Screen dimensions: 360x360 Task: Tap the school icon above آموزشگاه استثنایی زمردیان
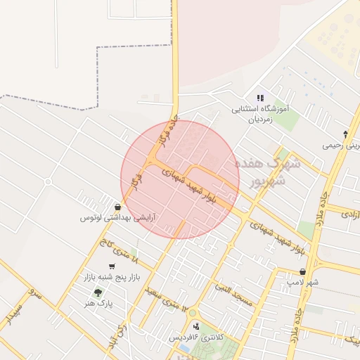click(x=260, y=98)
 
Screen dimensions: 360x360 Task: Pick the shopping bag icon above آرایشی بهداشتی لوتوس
click(x=117, y=207)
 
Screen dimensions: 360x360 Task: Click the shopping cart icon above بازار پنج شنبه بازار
click(x=112, y=266)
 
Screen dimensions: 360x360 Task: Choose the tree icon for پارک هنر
click(x=98, y=292)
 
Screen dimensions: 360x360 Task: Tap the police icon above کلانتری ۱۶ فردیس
click(x=195, y=326)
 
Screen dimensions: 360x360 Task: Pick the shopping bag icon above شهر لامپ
click(x=303, y=272)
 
